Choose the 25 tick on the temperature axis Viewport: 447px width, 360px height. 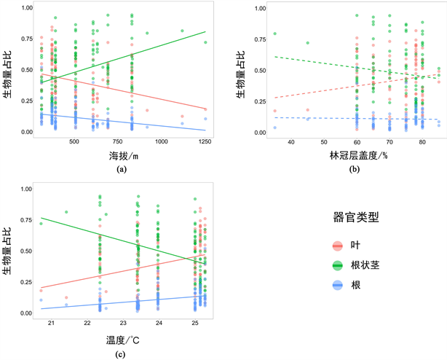pos(194,323)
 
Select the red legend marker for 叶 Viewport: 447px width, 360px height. pos(338,246)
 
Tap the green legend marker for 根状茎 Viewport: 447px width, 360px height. pos(338,266)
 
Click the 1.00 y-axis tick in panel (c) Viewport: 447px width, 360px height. pos(24,189)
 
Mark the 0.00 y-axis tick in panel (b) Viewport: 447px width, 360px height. pos(257,133)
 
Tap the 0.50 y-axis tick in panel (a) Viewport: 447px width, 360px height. pos(24,70)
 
